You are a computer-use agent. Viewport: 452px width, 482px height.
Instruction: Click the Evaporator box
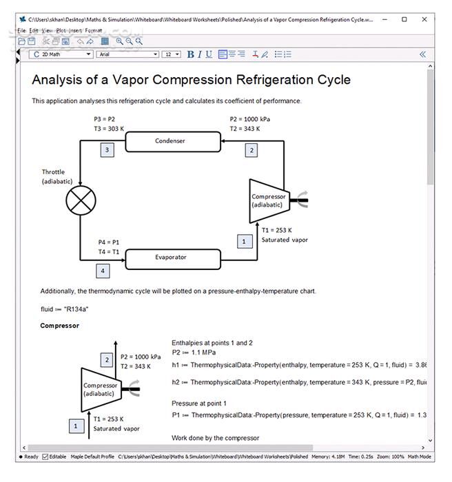click(173, 258)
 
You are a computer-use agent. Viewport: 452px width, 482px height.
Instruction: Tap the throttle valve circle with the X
click(81, 200)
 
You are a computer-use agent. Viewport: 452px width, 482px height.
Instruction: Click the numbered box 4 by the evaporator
click(103, 271)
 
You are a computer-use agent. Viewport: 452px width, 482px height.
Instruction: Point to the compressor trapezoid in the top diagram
click(268, 200)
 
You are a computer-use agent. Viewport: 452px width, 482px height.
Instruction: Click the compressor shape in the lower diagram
click(100, 389)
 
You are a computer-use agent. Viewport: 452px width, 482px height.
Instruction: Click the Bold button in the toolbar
click(191, 54)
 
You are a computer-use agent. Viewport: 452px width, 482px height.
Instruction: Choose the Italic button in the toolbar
click(200, 54)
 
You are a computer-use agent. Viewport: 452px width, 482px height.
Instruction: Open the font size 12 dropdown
click(171, 54)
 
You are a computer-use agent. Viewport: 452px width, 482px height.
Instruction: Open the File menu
click(21, 31)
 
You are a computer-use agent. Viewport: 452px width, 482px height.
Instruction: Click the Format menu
click(94, 31)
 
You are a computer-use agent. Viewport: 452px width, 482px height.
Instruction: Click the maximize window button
click(404, 19)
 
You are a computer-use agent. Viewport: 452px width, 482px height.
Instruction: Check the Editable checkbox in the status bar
click(45, 457)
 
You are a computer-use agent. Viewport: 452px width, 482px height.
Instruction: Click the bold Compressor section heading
click(59, 326)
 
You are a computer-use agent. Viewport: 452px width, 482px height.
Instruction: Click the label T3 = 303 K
click(109, 128)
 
